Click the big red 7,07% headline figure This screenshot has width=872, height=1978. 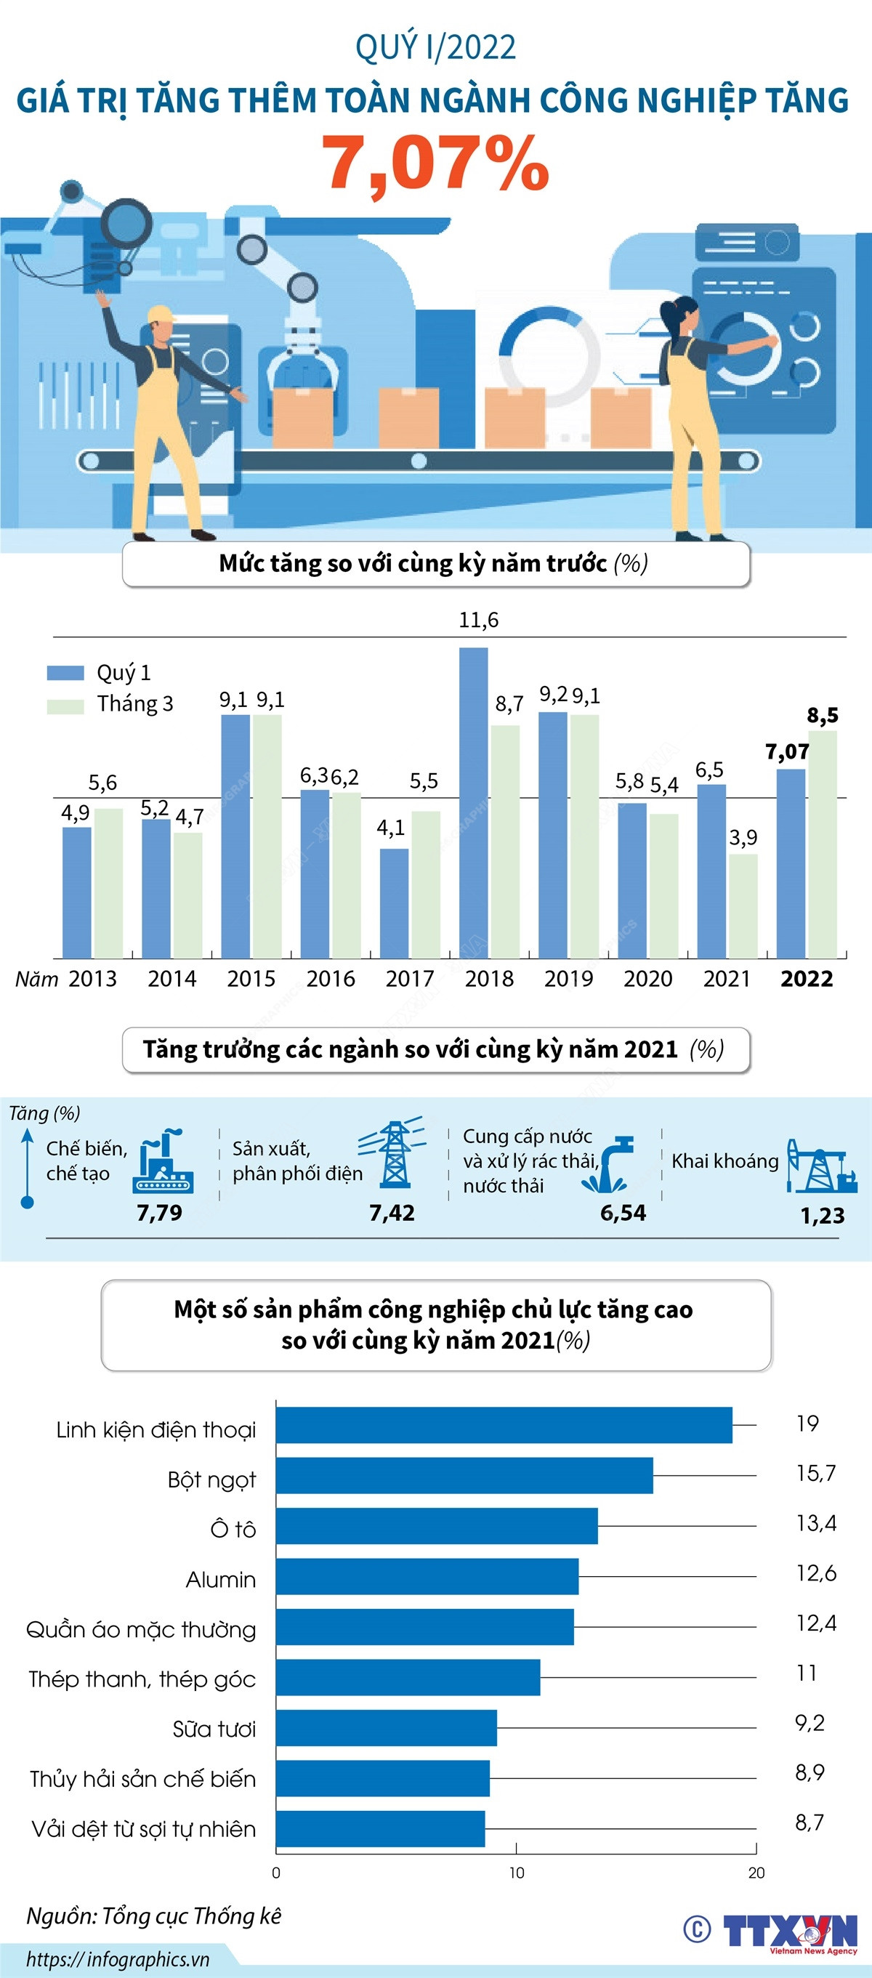point(435,163)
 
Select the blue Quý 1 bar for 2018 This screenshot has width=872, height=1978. point(474,802)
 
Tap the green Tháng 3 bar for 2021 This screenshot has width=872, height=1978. point(743,906)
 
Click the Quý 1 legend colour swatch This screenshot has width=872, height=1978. point(65,673)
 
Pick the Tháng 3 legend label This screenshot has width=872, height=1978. point(135,703)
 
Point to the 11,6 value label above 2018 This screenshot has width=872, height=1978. point(478,620)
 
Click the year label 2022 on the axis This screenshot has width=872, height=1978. point(806,979)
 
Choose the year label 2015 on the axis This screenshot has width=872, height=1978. point(251,979)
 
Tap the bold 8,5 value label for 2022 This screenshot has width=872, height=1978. point(822,716)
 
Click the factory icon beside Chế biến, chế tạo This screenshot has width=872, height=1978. point(163,1161)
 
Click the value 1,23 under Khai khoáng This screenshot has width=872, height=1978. point(822,1216)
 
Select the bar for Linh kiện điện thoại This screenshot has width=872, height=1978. point(504,1425)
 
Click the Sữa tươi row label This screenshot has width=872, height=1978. point(214,1729)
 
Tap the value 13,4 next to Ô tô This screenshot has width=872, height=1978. point(816,1522)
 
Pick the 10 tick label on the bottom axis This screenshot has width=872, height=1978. point(517,1873)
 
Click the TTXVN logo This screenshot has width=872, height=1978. point(789,1931)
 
